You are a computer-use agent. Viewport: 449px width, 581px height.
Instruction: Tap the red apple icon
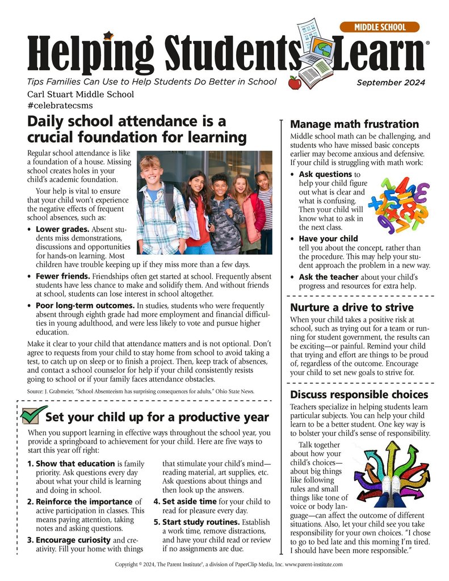(295, 83)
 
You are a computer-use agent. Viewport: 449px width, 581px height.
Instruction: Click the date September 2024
(390, 83)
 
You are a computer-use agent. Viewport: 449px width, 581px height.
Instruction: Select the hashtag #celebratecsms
(59, 105)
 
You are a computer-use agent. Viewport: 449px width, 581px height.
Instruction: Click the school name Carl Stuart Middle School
(80, 94)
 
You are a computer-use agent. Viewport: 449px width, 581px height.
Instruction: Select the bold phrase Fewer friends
(63, 276)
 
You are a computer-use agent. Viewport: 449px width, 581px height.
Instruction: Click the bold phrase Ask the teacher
(329, 276)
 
